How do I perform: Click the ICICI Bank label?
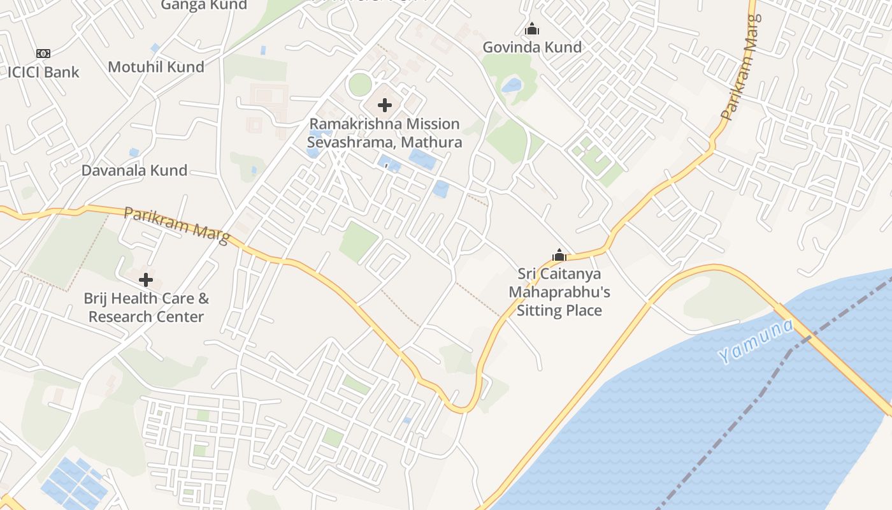click(43, 72)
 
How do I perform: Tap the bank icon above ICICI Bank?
click(43, 53)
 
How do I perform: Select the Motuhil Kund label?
click(156, 67)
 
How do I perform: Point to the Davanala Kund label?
click(134, 170)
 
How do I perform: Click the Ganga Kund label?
click(204, 5)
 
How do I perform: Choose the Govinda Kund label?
click(532, 47)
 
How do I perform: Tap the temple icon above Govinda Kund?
click(532, 29)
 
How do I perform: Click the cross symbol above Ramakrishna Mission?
click(385, 105)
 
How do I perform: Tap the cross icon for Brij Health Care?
click(146, 280)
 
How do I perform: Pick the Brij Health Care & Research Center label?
click(146, 307)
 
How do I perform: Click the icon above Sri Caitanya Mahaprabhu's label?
click(559, 256)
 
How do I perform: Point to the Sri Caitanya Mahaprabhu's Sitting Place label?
click(559, 292)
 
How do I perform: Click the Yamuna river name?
click(757, 342)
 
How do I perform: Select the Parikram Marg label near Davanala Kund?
click(176, 225)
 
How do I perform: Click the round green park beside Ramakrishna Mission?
click(360, 85)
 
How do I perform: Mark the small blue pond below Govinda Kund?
click(512, 85)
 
